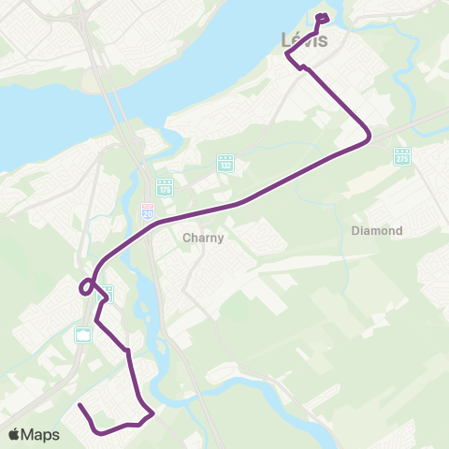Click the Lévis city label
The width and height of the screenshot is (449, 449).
tap(304, 40)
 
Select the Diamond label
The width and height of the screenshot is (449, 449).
tap(377, 230)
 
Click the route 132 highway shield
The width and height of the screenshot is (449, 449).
tap(224, 162)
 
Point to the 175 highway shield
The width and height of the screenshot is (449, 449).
tap(165, 187)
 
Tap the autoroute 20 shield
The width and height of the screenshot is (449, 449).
tap(148, 212)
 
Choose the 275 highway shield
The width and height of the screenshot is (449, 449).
tap(402, 155)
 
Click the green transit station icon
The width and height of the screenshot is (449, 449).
tap(83, 334)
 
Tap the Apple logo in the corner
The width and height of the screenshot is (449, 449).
tap(15, 434)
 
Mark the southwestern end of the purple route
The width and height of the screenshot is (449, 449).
tap(80, 406)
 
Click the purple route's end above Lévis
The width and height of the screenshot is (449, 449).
tap(322, 16)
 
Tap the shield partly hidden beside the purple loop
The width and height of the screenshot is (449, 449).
tap(107, 294)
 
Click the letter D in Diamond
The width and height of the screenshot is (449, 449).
tap(355, 230)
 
